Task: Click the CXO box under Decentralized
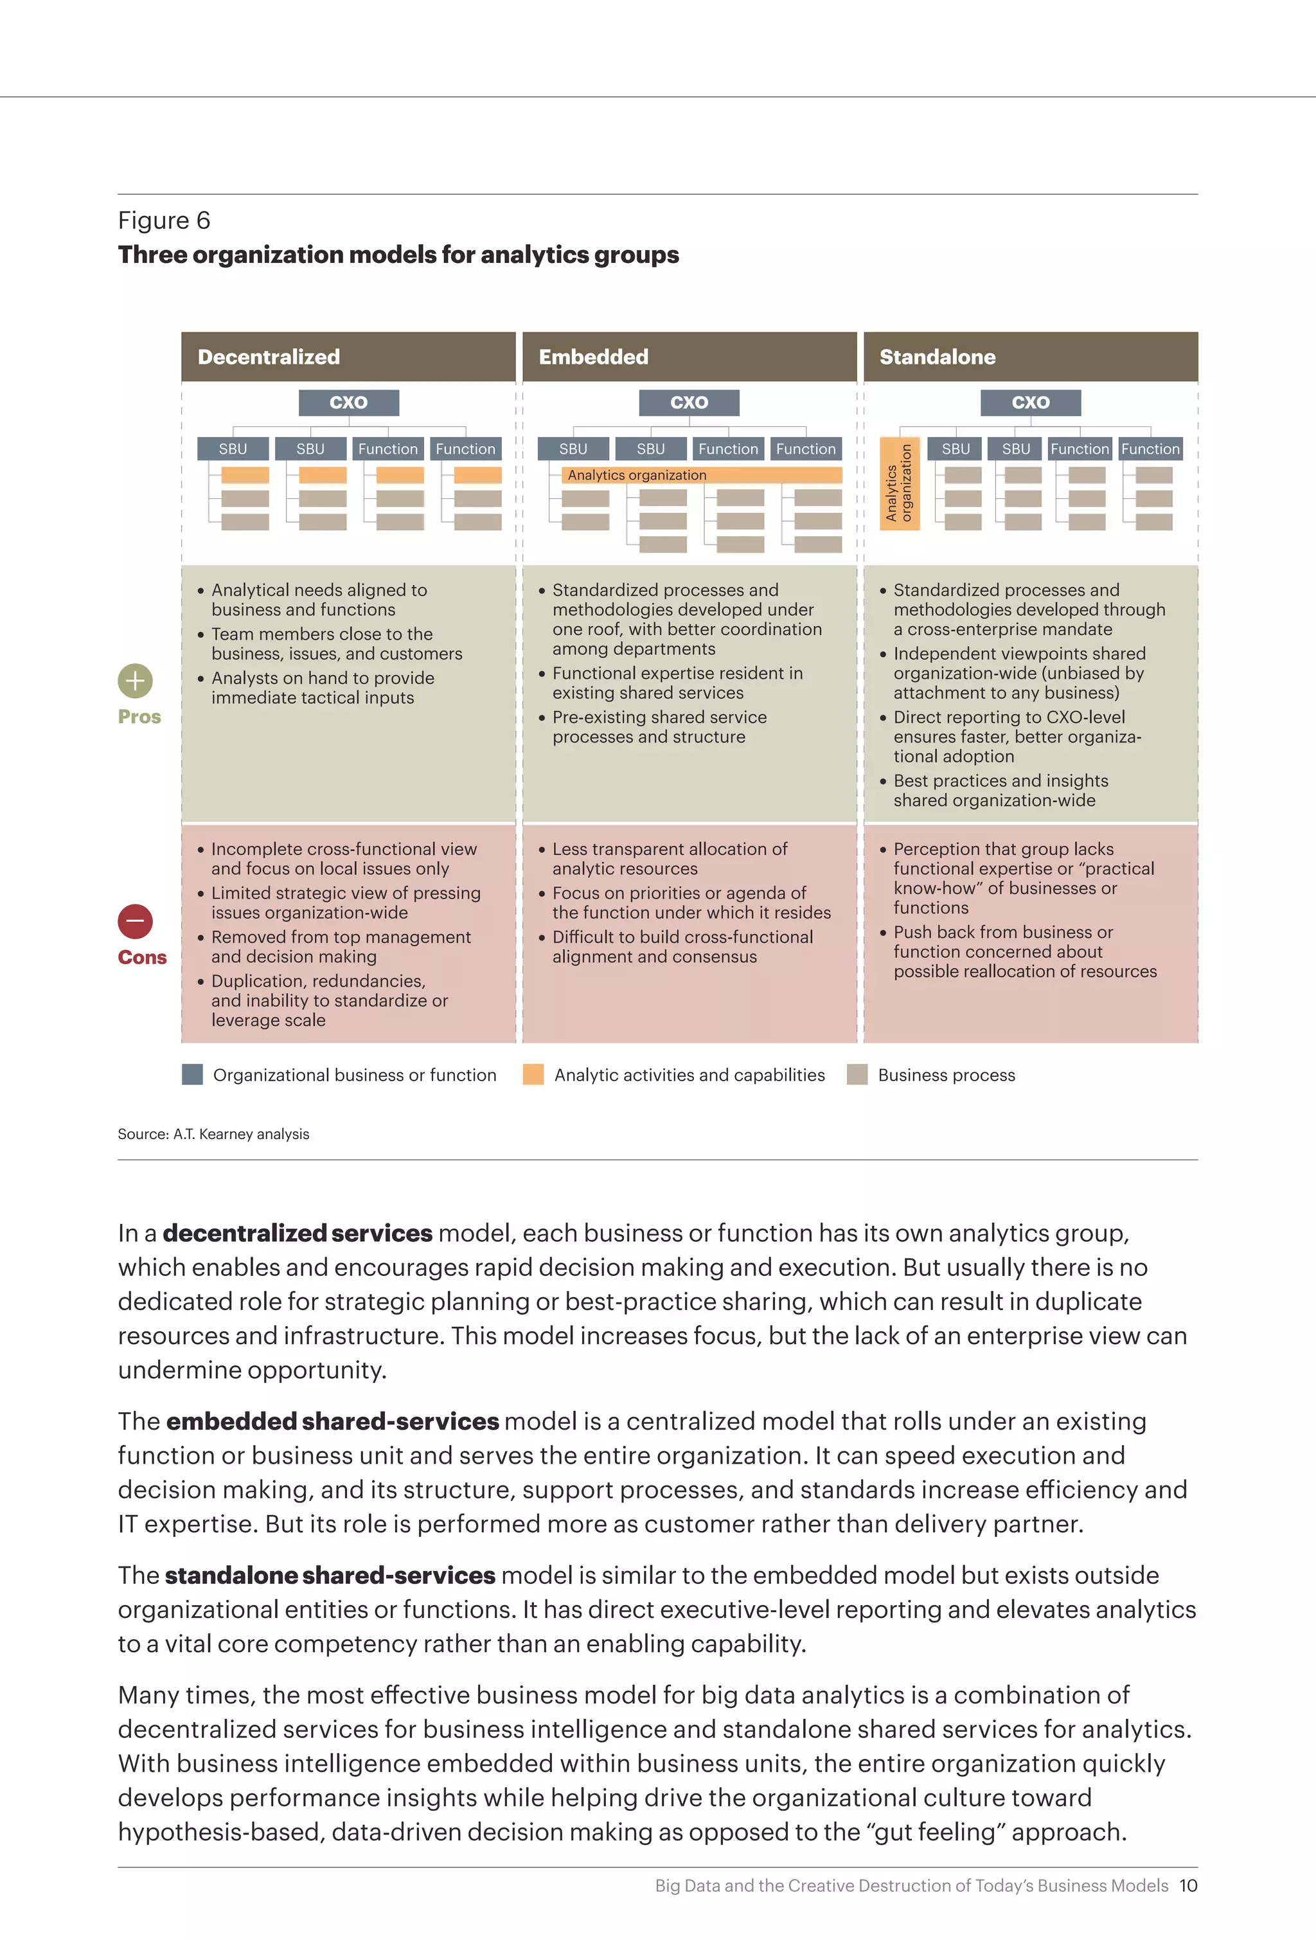point(349,402)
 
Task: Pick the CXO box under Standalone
point(1031,402)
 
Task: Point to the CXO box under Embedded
point(689,402)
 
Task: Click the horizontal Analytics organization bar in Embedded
point(701,475)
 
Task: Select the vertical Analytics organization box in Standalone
point(900,483)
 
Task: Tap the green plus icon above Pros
point(135,681)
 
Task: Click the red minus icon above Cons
point(135,922)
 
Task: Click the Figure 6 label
point(164,220)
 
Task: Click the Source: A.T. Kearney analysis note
point(213,1134)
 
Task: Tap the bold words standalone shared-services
point(330,1576)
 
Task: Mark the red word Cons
point(143,958)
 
